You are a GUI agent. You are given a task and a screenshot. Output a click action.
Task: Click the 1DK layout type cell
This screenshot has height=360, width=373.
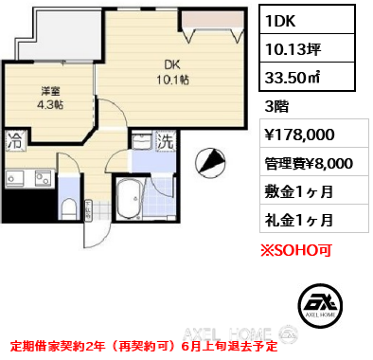[x=307, y=20]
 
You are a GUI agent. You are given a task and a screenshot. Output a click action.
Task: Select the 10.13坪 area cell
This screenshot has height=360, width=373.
[x=307, y=48]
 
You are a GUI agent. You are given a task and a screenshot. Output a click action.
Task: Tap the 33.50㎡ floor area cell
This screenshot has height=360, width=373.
[x=307, y=77]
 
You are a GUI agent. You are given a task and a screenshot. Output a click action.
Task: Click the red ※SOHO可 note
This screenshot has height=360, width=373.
[x=296, y=250]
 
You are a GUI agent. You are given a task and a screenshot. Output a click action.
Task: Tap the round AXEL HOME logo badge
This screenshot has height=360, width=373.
[x=320, y=305]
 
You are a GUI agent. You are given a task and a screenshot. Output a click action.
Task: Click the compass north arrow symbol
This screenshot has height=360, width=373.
[x=210, y=161]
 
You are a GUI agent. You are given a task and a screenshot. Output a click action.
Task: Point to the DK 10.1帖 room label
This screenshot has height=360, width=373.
[x=172, y=73]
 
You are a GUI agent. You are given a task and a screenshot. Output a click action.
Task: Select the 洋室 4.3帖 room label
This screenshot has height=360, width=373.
[x=50, y=98]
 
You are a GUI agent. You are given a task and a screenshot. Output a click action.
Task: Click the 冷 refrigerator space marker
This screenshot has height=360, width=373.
[x=14, y=141]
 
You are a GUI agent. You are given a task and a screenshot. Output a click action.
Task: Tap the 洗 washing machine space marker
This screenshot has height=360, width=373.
[x=166, y=141]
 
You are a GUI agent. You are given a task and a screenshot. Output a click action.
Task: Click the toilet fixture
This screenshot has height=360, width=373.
[x=68, y=208]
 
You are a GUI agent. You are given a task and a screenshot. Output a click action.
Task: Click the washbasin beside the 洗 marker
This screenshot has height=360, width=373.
[x=141, y=140]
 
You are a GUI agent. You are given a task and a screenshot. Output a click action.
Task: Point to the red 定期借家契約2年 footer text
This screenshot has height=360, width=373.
[x=58, y=347]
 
